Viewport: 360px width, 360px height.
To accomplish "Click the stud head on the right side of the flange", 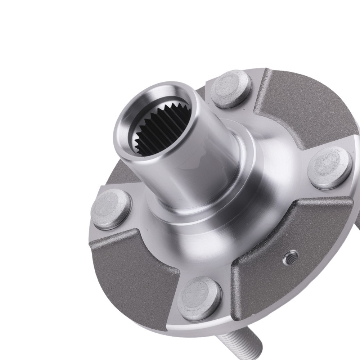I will click(x=330, y=167).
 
